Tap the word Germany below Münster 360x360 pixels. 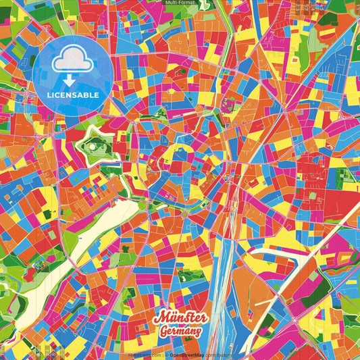[181, 331]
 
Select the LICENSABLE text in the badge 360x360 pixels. [73, 95]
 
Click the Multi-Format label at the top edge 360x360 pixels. [180, 3]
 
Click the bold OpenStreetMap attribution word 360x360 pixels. [184, 354]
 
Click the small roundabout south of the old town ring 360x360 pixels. [184, 214]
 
